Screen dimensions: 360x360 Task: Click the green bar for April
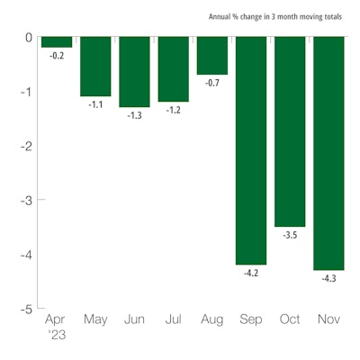tap(57, 42)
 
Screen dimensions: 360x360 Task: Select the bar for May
tap(95, 67)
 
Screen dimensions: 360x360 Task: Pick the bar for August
tap(211, 56)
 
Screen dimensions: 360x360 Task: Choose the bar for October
tap(289, 131)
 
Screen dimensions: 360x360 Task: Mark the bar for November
tap(328, 153)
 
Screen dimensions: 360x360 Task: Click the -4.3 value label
tap(328, 279)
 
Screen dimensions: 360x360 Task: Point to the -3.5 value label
tap(289, 236)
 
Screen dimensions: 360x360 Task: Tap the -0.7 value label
tap(211, 84)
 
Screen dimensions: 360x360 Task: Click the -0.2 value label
tap(57, 57)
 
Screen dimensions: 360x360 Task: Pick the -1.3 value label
tap(134, 116)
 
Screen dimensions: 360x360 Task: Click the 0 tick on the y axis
tap(29, 38)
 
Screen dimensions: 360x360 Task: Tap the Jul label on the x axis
tap(173, 319)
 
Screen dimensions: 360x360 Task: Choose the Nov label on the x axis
tap(328, 319)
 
